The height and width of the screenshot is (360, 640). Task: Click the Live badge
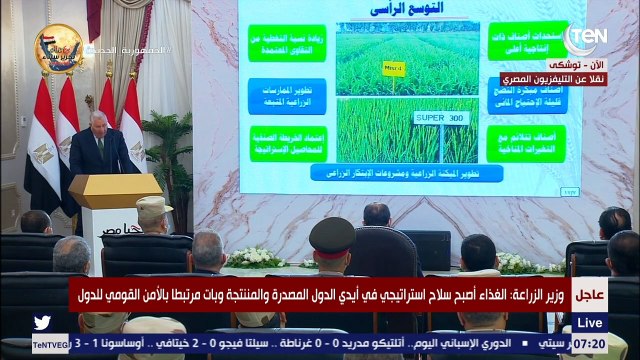coord(590,323)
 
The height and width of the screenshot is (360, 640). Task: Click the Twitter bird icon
coord(42,323)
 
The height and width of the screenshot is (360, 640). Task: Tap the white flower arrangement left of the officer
coord(256,257)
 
